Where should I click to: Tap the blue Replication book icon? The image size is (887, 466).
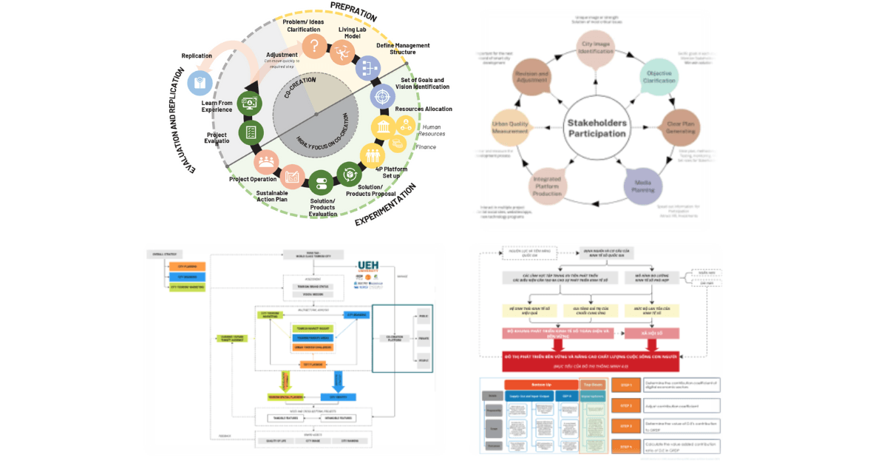[198, 82]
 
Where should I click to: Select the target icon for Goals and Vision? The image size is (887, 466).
[381, 96]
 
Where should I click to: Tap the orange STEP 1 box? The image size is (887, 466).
[625, 384]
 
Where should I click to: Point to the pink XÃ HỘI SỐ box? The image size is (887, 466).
[653, 334]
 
